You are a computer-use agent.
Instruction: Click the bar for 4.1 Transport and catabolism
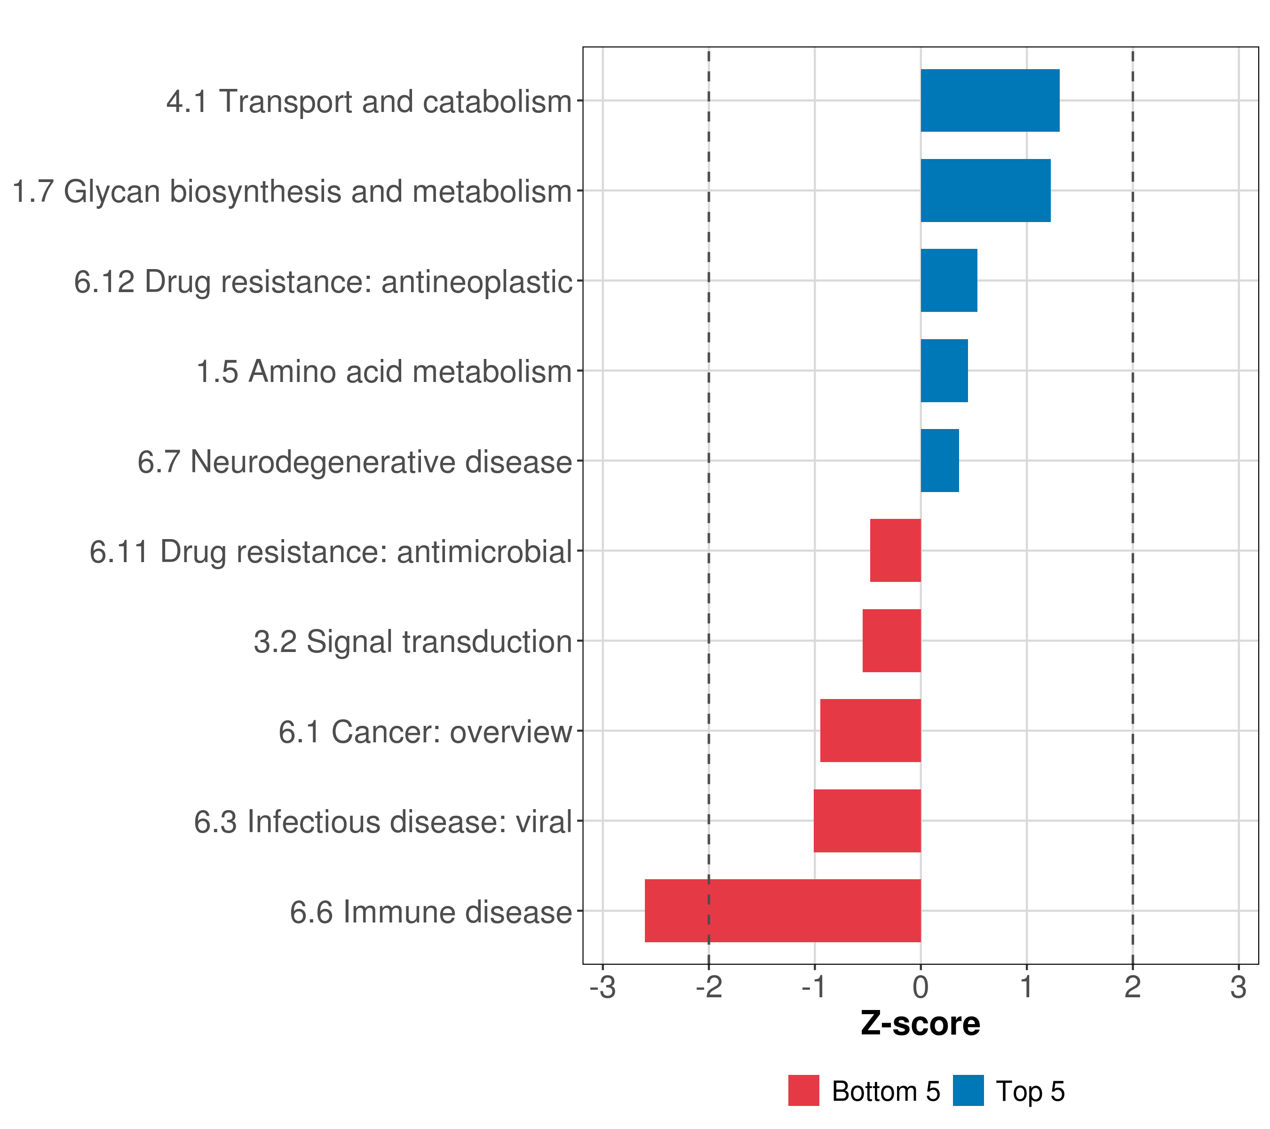(989, 100)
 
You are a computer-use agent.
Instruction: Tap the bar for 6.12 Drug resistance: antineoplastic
(948, 280)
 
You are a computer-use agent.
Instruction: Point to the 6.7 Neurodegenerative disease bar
(939, 461)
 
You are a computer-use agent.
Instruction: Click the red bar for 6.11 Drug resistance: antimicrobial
(895, 550)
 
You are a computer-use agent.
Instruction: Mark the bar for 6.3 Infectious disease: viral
(867, 821)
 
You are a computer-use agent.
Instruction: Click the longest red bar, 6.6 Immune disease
(782, 911)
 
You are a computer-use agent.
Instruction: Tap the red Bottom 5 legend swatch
(803, 1090)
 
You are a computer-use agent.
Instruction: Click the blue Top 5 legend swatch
(968, 1090)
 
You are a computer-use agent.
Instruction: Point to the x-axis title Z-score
(920, 1023)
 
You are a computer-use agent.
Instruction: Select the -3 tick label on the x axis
(602, 987)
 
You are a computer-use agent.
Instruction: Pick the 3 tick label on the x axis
(1238, 987)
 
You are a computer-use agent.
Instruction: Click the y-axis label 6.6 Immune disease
(430, 912)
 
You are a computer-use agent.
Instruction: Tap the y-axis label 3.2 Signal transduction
(413, 642)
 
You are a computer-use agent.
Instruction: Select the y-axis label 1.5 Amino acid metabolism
(384, 372)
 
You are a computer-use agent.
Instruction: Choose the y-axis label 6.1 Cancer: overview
(425, 732)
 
